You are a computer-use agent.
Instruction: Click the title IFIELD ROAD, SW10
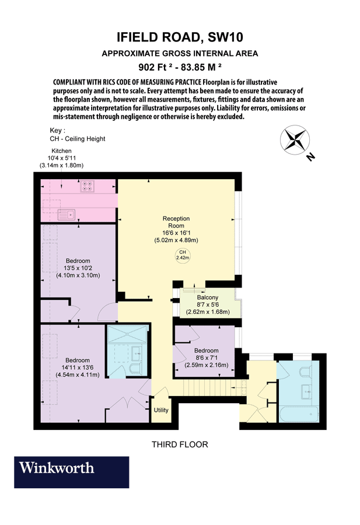coord(180,38)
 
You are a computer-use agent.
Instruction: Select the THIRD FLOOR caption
coord(180,444)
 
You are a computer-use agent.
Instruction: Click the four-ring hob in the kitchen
coord(88,187)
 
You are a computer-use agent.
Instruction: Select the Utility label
coord(161,410)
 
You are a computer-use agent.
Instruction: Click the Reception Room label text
coord(176,222)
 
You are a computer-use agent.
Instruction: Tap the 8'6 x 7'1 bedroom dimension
coord(206,358)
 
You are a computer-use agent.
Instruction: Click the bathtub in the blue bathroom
coord(298,415)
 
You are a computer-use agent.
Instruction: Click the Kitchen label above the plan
coord(61,151)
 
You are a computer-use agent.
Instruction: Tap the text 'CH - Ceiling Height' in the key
coord(78,139)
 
